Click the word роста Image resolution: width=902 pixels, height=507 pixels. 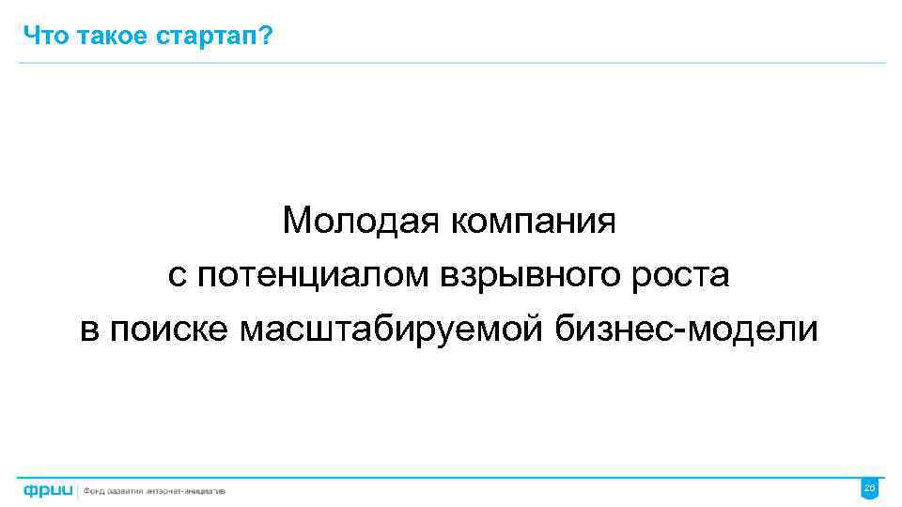point(682,275)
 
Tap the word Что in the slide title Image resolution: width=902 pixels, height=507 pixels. point(41,36)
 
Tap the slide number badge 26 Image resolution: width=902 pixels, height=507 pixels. point(869,488)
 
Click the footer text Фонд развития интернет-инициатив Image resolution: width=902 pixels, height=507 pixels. point(155,490)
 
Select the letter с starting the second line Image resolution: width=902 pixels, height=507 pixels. point(175,277)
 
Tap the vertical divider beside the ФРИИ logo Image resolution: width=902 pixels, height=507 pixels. point(79,489)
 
